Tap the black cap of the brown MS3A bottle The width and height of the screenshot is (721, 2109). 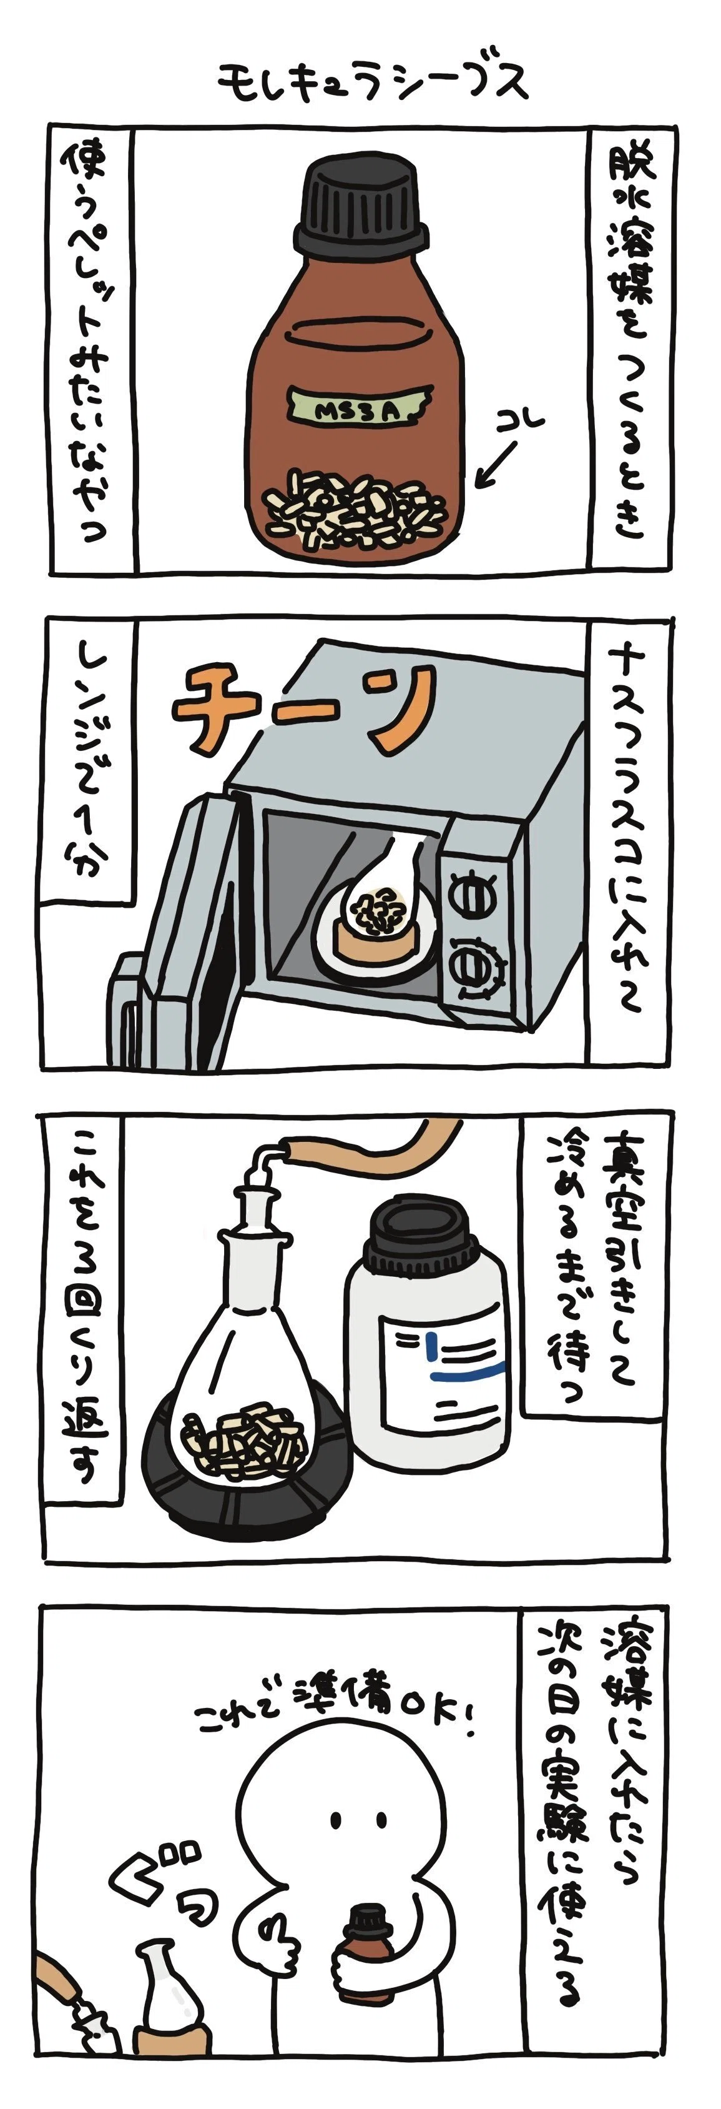[x=361, y=206]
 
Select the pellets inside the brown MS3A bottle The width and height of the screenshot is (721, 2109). [x=355, y=509]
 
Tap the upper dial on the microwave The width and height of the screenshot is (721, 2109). [x=474, y=895]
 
